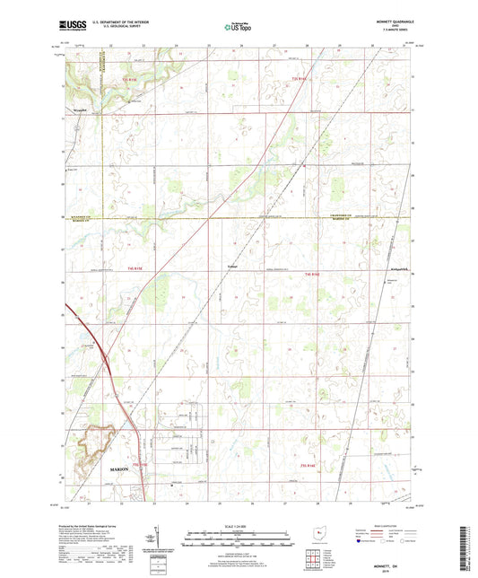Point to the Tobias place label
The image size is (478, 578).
232,265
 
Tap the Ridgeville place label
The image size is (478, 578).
399,268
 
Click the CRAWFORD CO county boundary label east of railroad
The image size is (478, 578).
343,215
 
